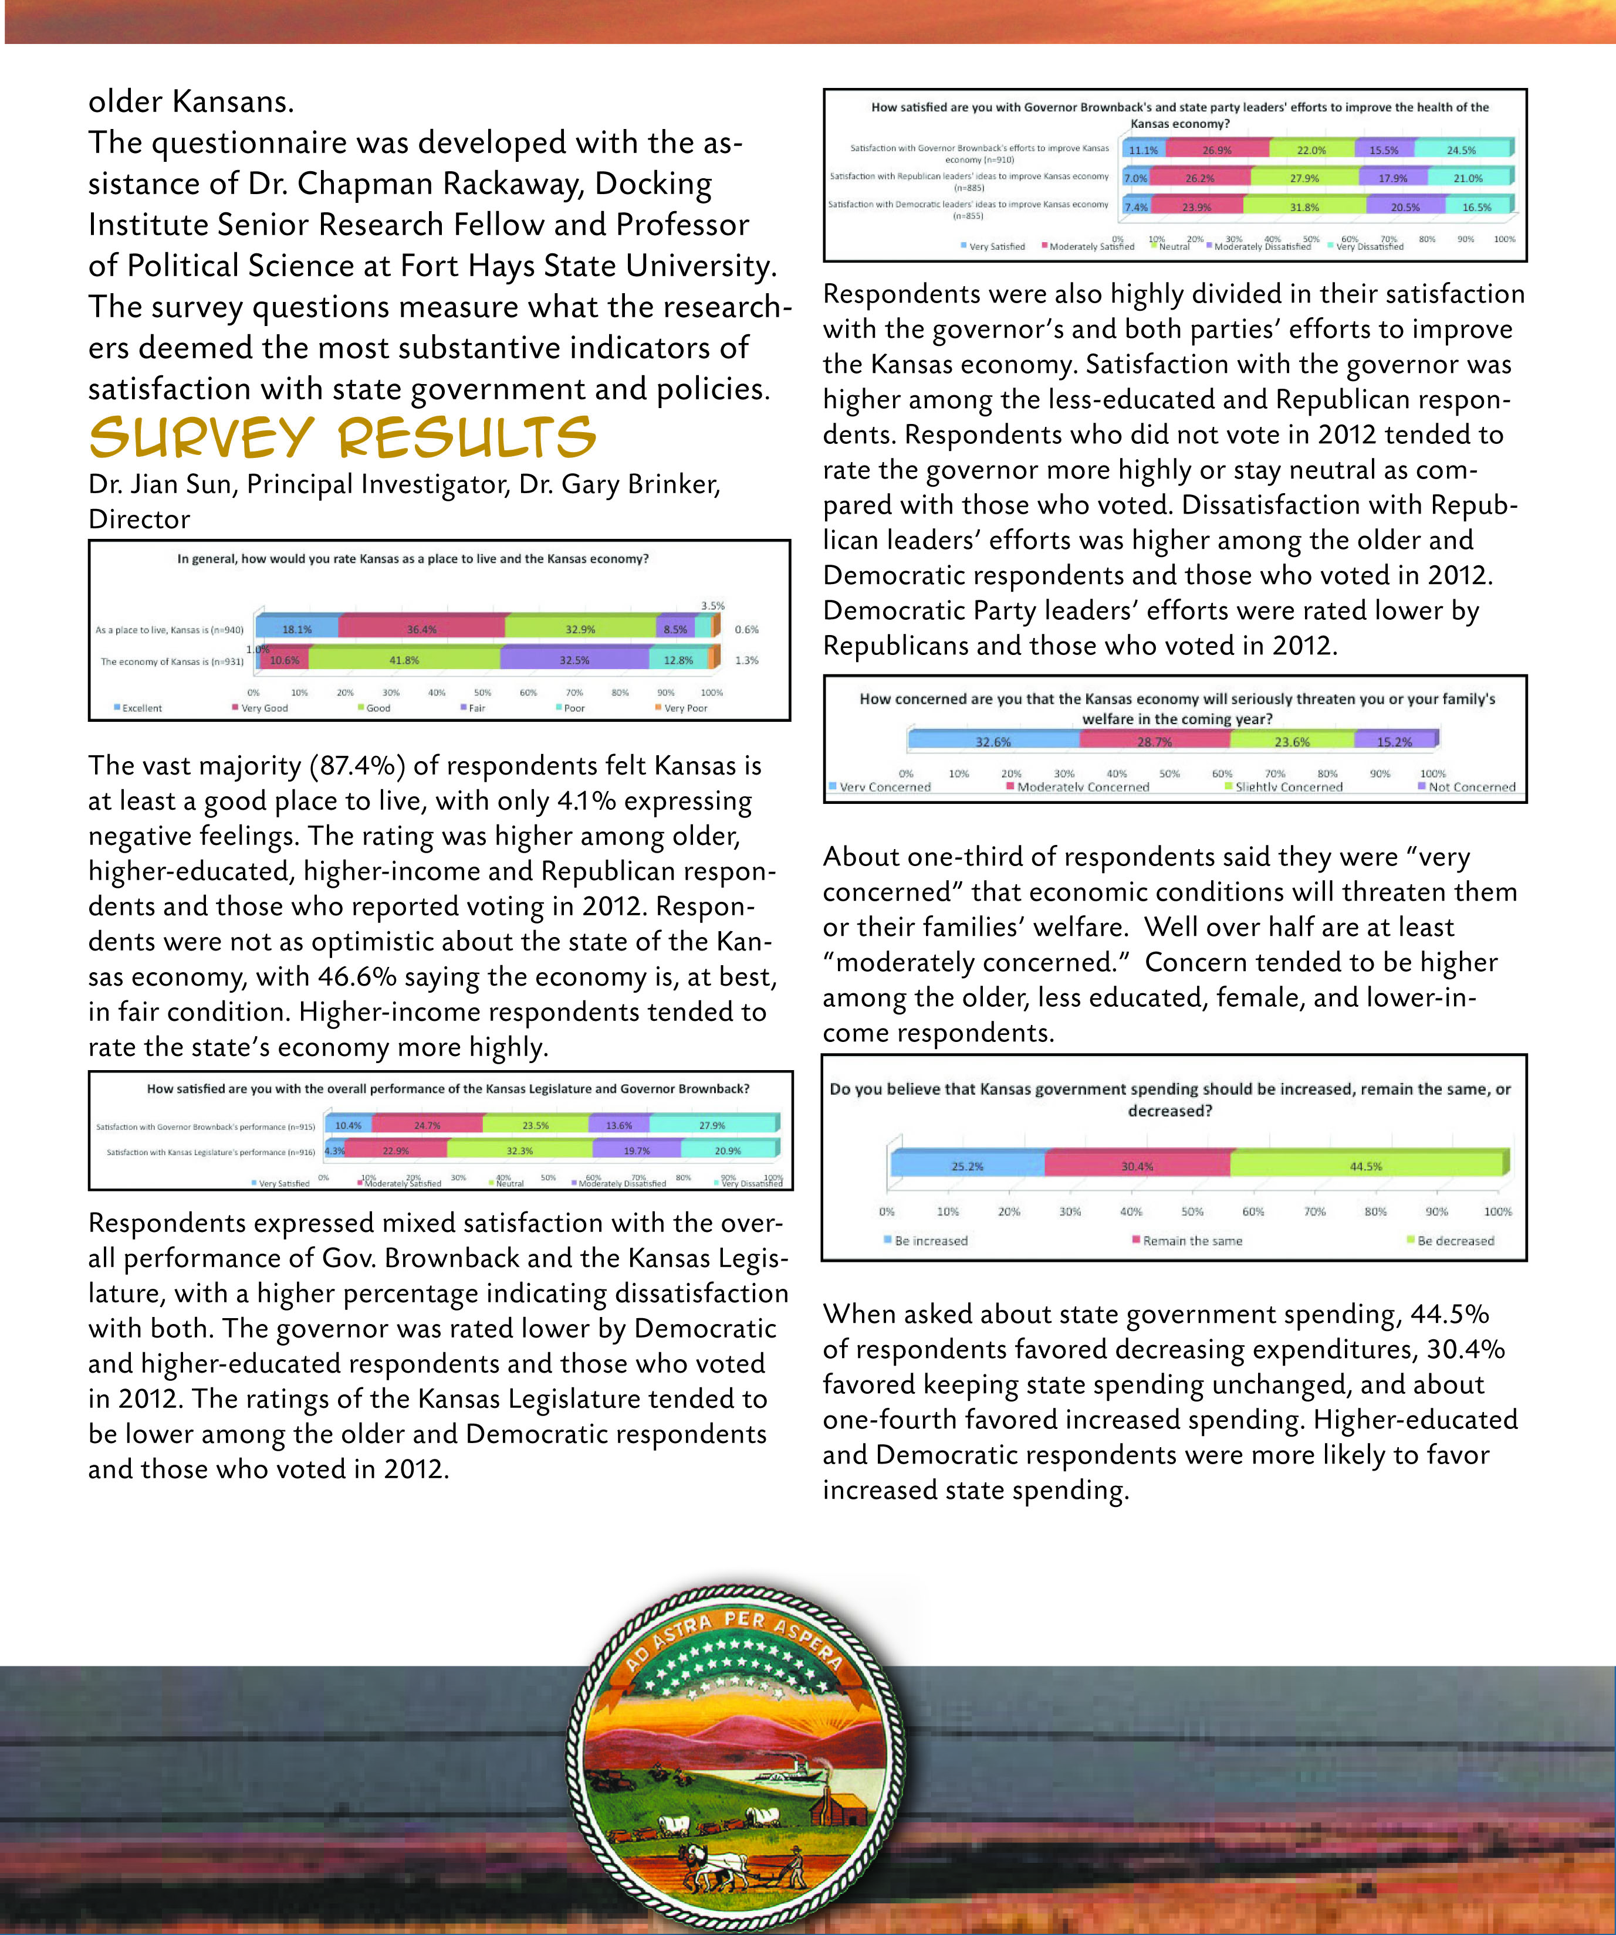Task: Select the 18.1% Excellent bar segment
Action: [297, 629]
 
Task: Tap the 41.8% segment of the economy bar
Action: [404, 660]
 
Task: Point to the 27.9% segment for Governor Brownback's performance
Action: [712, 1125]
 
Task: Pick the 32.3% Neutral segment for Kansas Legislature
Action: [519, 1150]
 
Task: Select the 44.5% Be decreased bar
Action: [1366, 1166]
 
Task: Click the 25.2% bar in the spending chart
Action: [967, 1166]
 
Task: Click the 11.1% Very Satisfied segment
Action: [1143, 150]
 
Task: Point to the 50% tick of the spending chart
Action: [1192, 1211]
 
